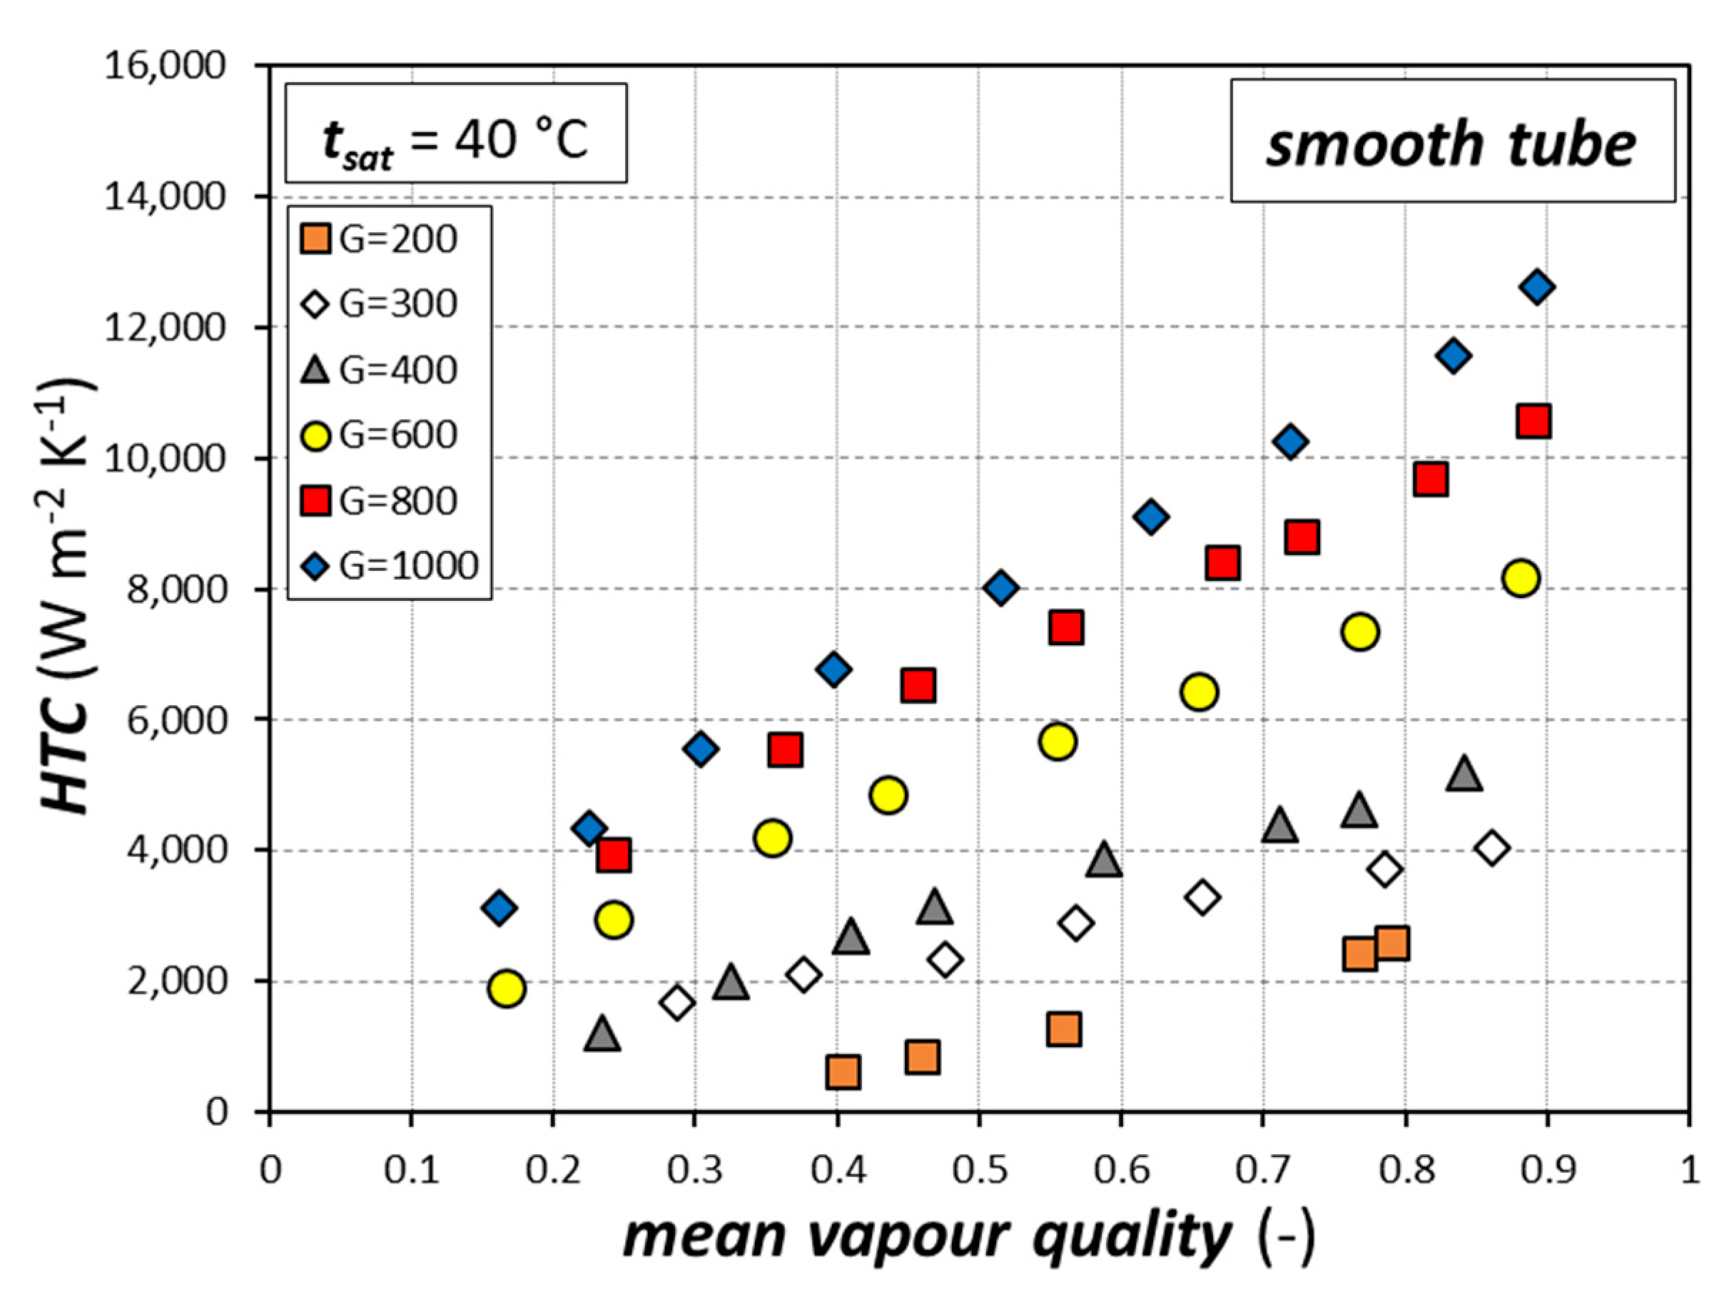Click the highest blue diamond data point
(x=1537, y=287)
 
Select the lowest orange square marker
(x=843, y=1071)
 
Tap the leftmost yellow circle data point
(x=507, y=988)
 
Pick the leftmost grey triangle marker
(x=602, y=1034)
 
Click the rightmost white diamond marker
(x=1491, y=848)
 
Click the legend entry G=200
(x=379, y=239)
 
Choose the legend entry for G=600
(x=379, y=435)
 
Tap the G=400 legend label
(x=398, y=370)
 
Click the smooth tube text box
(x=1452, y=141)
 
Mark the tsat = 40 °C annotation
(x=456, y=133)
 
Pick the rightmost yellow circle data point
(x=1521, y=578)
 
